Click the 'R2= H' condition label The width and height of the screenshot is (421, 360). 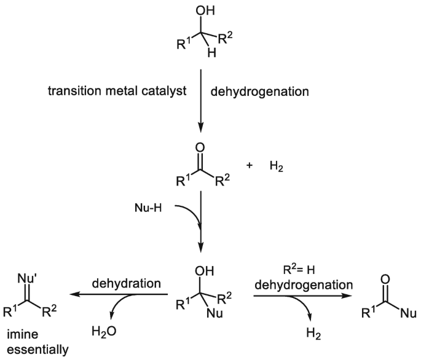point(289,269)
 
